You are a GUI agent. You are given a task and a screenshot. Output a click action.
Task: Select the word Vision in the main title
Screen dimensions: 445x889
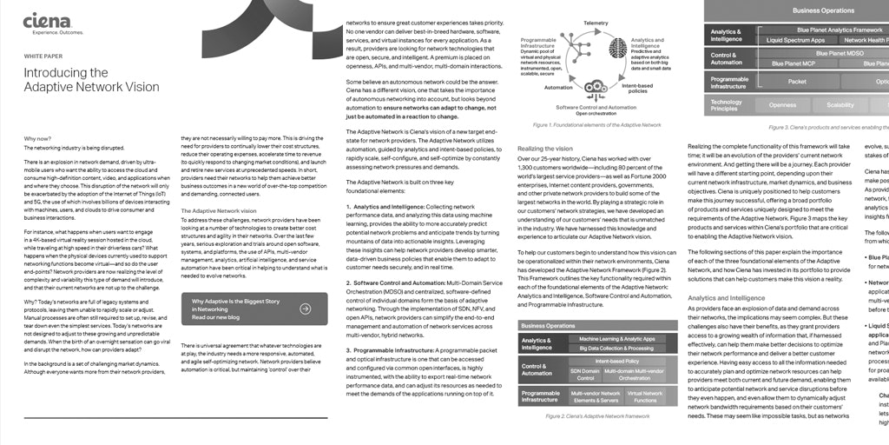click(140, 87)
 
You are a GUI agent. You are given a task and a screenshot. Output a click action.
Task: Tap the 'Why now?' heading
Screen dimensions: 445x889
click(37, 139)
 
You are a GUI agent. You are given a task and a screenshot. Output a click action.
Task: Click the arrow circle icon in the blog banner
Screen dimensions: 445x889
click(306, 308)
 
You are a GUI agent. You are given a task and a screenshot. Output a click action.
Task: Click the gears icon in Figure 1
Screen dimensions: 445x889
click(596, 87)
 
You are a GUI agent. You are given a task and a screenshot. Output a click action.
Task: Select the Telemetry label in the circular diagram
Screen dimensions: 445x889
click(596, 23)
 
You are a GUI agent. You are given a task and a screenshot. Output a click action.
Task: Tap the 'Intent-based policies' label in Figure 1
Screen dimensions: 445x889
click(639, 89)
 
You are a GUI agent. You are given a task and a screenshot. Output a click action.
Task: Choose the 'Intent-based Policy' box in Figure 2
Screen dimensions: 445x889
click(617, 360)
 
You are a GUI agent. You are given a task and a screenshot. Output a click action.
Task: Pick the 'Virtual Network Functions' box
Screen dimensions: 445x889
click(645, 397)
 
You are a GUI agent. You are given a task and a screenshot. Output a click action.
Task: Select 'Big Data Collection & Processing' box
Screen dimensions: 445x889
click(616, 348)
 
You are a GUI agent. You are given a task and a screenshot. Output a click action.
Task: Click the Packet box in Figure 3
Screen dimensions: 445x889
click(797, 82)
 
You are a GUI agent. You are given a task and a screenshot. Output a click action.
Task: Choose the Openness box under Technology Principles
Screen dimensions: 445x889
click(782, 105)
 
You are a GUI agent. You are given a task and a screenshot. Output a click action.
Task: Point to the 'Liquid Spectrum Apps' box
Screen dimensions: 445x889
click(796, 40)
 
